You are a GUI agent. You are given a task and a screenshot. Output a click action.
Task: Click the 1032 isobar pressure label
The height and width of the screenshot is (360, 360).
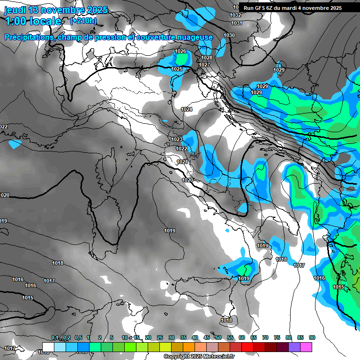pos(235,15)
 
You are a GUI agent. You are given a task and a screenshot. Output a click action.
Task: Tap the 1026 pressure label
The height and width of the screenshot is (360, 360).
pos(180,52)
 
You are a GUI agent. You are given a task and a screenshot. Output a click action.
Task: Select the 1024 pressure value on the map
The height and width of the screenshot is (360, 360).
pos(187,109)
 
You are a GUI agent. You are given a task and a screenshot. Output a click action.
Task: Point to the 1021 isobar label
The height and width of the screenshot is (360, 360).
pos(182,162)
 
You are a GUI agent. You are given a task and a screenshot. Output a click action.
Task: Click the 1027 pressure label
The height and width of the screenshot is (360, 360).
pos(204,65)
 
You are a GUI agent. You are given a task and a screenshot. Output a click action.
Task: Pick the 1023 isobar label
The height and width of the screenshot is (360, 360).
pos(176,139)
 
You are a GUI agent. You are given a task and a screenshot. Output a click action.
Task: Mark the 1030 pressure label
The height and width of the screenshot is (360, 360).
pos(229,36)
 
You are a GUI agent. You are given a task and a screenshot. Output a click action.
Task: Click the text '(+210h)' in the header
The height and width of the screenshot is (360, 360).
pos(83,21)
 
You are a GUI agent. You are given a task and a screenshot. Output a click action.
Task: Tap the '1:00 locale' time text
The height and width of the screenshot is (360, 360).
pos(33,21)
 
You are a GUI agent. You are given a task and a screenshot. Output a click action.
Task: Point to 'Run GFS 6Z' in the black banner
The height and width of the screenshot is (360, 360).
pos(260,8)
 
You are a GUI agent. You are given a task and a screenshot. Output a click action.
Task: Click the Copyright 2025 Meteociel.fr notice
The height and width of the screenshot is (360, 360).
pos(199,357)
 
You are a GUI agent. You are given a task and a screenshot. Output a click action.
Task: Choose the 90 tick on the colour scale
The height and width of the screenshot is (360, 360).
pos(312,338)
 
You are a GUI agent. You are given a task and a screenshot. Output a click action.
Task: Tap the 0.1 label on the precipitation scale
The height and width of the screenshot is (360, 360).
pos(55,338)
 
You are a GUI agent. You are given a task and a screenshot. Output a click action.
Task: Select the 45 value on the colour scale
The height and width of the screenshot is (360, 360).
pos(207,338)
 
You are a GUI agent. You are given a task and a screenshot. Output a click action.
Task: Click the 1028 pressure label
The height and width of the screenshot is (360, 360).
pos(207,58)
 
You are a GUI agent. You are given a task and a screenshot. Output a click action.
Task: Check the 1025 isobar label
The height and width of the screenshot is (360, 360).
pos(176,69)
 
